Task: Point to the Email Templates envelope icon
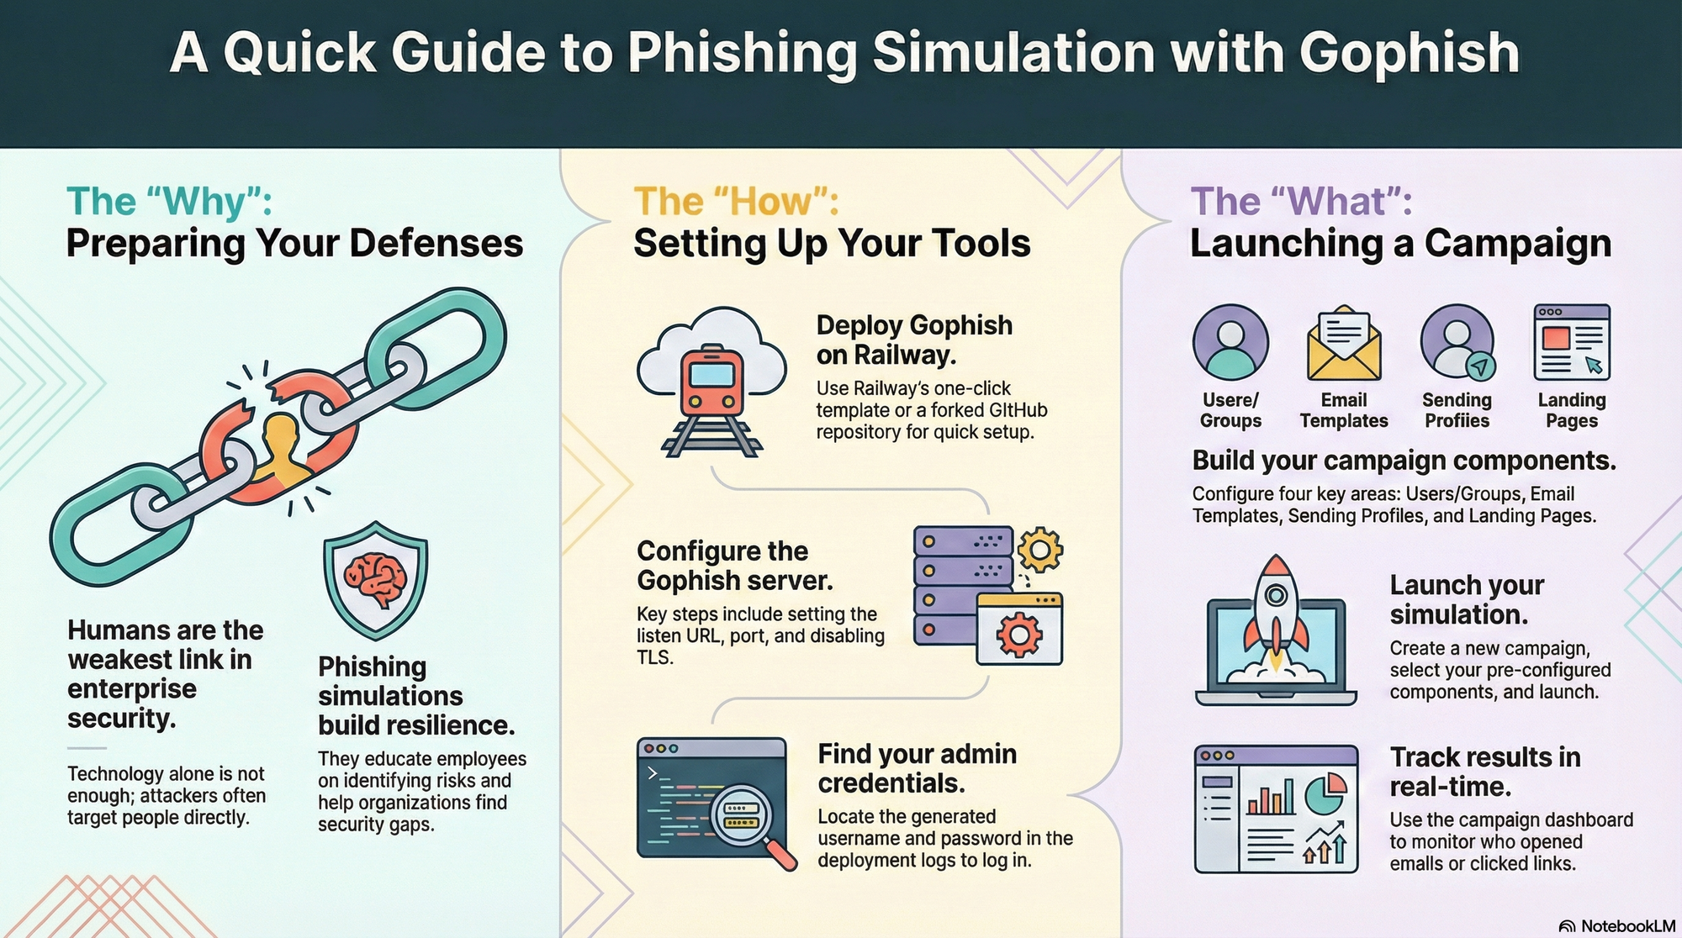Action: (x=1343, y=345)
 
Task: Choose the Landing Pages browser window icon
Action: (x=1571, y=343)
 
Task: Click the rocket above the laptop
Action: (x=1276, y=609)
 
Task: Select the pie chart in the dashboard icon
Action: (x=1325, y=793)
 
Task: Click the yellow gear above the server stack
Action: (x=1039, y=551)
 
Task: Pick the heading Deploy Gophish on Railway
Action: (x=913, y=340)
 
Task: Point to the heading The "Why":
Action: (x=169, y=202)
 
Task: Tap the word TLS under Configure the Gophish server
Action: (x=654, y=658)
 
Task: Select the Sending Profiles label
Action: (x=1457, y=410)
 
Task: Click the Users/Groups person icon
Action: (x=1230, y=343)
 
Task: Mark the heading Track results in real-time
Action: (x=1484, y=772)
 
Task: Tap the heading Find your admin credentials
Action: (x=917, y=768)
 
